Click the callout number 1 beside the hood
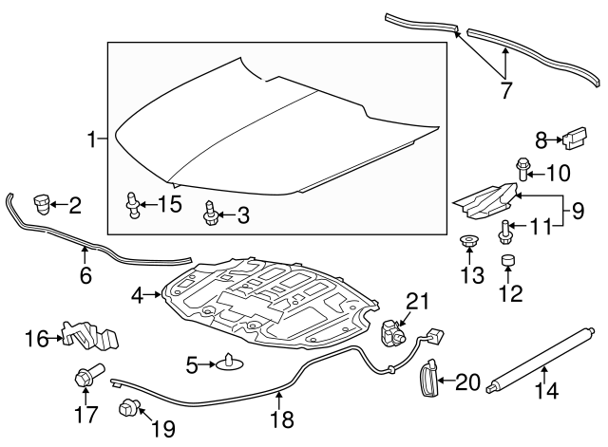(92, 141)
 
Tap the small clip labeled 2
(42, 202)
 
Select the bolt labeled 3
(210, 214)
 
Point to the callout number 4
(138, 296)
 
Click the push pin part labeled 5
(229, 362)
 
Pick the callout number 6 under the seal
(85, 276)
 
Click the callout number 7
(505, 91)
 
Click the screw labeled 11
(503, 228)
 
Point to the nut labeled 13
(468, 241)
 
